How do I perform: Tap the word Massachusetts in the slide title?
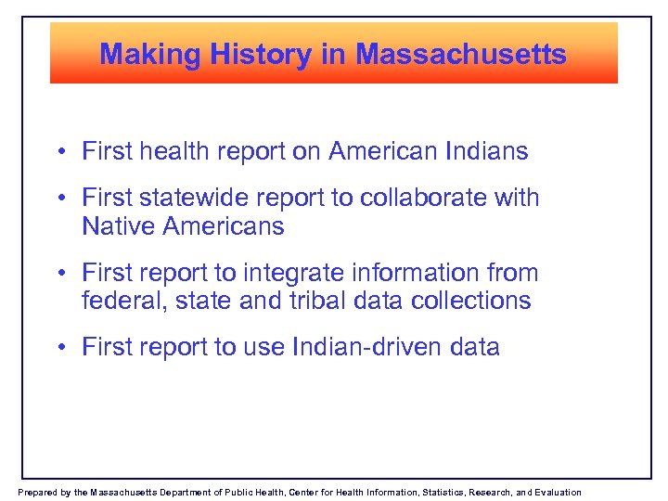click(461, 55)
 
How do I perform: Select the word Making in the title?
click(150, 55)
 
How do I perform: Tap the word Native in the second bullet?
click(114, 225)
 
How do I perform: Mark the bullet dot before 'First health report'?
click(58, 152)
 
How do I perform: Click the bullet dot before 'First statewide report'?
click(58, 199)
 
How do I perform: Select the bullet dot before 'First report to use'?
click(58, 348)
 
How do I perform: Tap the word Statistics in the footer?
click(443, 493)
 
